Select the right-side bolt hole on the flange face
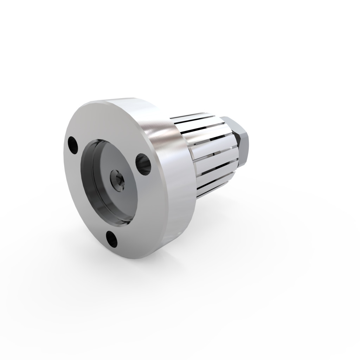click(x=143, y=164)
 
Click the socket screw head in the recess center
click(x=116, y=180)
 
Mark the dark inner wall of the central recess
click(x=88, y=176)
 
